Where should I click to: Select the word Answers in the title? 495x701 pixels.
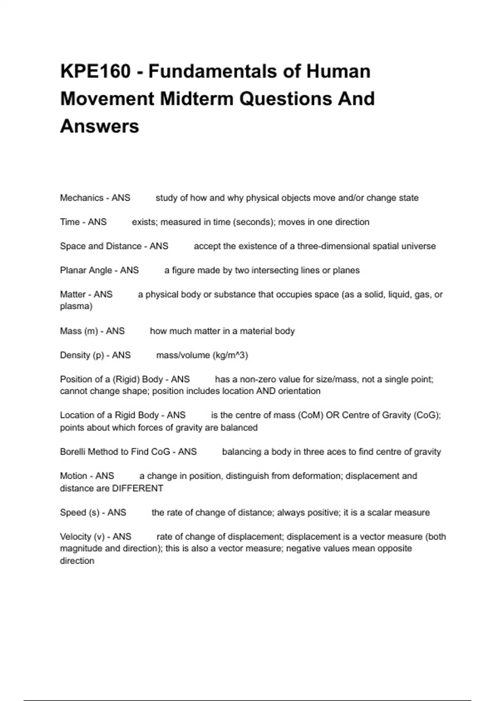pyautogui.click(x=99, y=126)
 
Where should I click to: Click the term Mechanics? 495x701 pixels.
pyautogui.click(x=82, y=198)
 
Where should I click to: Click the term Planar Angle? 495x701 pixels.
pyautogui.click(x=86, y=271)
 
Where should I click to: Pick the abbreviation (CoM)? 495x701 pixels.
pyautogui.click(x=310, y=415)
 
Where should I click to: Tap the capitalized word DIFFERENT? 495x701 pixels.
pyautogui.click(x=138, y=489)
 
